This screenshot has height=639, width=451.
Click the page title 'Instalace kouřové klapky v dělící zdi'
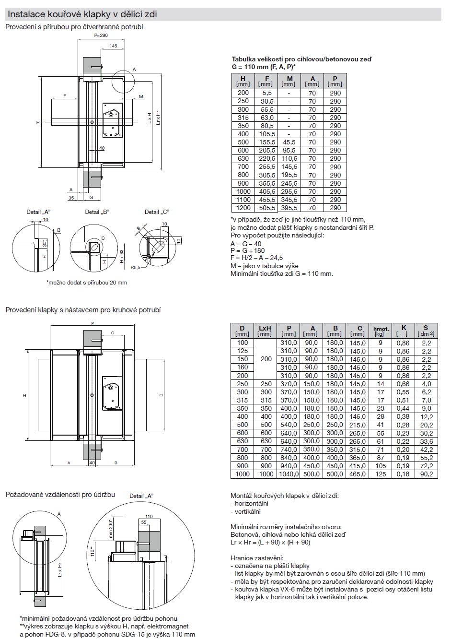[x=82, y=14]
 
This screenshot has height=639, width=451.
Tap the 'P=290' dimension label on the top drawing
[x=101, y=35]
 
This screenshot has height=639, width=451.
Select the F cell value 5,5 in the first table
[x=267, y=93]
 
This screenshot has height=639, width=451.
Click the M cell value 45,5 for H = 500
[x=289, y=142]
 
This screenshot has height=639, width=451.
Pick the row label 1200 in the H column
[x=243, y=208]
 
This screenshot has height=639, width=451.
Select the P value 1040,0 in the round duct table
[x=289, y=474]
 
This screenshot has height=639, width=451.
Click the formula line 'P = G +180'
[x=247, y=250]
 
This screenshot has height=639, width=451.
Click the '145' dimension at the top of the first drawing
[x=113, y=46]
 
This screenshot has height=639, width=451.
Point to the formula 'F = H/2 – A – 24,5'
[x=256, y=258]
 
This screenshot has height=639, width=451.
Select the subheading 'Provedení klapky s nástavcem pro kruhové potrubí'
[x=83, y=310]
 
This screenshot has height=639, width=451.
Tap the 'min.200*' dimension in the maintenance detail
[x=110, y=528]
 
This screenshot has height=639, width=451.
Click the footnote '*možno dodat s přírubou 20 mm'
[x=87, y=283]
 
